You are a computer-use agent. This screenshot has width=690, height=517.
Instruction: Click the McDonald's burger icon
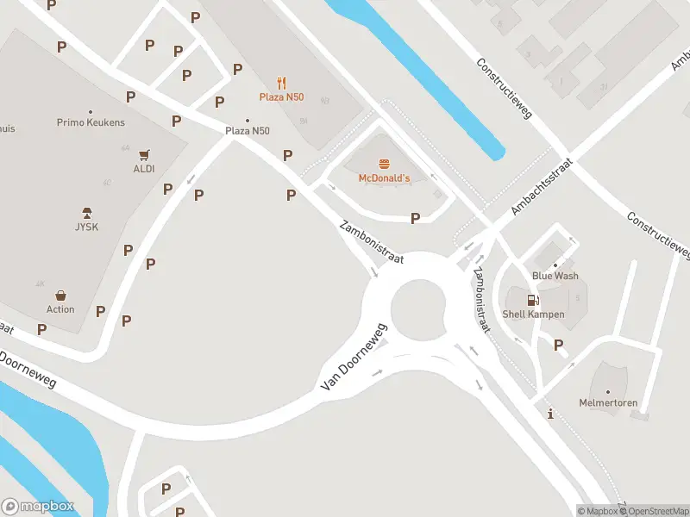click(x=384, y=164)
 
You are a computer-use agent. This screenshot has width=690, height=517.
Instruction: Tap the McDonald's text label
click(x=384, y=178)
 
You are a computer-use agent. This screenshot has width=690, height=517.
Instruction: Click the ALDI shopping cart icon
click(x=144, y=155)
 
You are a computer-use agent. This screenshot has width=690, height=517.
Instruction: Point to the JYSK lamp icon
click(x=86, y=213)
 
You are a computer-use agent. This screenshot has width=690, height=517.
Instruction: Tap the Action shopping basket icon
click(x=60, y=296)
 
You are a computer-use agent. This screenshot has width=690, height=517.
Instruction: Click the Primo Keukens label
click(x=91, y=122)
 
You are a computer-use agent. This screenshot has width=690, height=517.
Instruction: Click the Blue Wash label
click(x=555, y=276)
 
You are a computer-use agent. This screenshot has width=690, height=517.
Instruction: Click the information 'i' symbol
click(x=550, y=414)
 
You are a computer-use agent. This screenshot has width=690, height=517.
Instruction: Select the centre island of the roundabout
click(x=418, y=308)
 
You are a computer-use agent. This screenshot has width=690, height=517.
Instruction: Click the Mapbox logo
click(x=38, y=507)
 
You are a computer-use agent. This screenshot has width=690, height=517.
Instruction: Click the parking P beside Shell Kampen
click(x=559, y=346)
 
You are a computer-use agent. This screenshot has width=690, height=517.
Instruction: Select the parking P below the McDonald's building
click(x=416, y=218)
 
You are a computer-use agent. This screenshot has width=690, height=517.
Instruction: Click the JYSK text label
click(x=86, y=227)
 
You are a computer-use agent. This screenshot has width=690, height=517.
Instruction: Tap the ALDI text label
click(x=144, y=169)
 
